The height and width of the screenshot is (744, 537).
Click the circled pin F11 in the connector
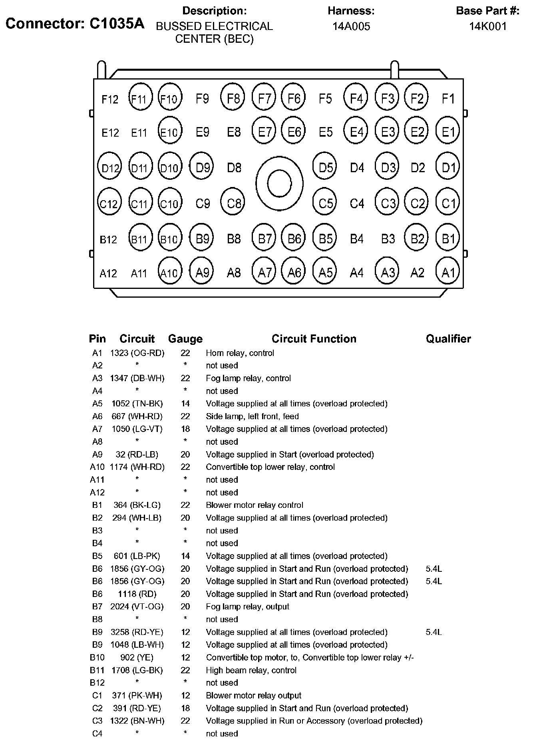coord(140,98)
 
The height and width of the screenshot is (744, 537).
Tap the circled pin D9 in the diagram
coord(202,167)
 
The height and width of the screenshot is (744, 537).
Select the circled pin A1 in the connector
coord(448,272)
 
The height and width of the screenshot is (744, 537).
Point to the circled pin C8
coord(233,203)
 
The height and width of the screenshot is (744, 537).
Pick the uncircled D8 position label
coord(234,167)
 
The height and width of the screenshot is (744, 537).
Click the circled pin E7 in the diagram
coord(264,131)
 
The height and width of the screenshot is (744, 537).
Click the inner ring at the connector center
coord(279,184)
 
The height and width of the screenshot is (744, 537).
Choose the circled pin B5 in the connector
coord(325,239)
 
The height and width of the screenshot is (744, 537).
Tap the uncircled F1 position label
coord(448,98)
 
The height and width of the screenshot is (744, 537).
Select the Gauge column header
coord(185,339)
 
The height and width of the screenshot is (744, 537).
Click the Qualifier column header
coord(448,339)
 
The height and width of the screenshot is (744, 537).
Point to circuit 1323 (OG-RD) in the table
coord(137,353)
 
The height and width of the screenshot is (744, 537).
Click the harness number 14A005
coord(351,26)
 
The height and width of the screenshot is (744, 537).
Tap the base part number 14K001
coord(487,26)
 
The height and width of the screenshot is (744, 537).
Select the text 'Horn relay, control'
coord(240,353)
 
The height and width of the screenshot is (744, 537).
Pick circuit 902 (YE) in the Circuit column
coord(137,657)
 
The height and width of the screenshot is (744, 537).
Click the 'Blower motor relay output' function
coord(253,695)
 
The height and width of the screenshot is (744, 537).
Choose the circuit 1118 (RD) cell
coord(137,594)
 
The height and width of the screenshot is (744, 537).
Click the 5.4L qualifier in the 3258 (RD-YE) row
coord(434,632)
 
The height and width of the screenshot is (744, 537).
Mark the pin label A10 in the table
coord(97,467)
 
